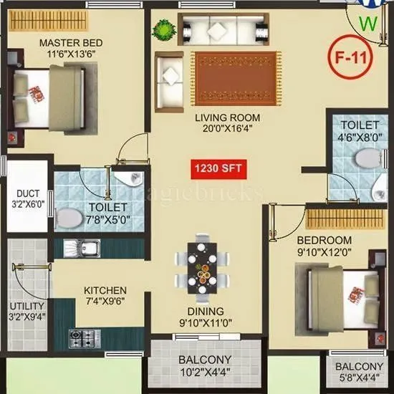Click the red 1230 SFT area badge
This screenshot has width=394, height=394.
point(214,169)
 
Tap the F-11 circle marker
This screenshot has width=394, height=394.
point(352,59)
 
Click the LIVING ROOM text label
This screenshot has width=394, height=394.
point(229,117)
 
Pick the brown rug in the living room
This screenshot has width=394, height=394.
point(233,76)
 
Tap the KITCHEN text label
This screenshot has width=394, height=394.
point(106,290)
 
